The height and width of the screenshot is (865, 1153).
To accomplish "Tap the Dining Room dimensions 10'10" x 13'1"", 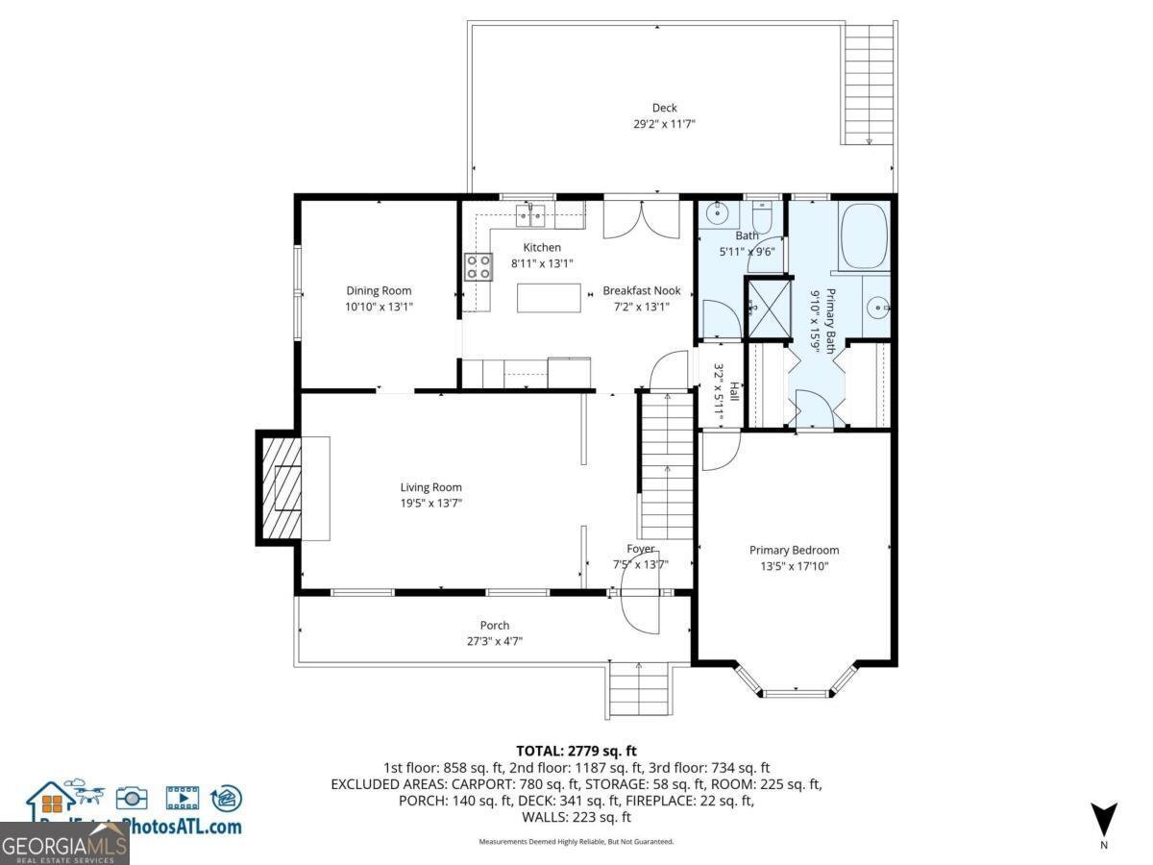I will point(379,307).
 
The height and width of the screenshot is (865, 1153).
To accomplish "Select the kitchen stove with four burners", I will point(478,266).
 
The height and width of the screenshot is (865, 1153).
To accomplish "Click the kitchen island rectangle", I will point(549,298).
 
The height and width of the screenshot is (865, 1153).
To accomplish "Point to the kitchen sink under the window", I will point(530,212).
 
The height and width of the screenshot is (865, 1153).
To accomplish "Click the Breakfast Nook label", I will point(641,290).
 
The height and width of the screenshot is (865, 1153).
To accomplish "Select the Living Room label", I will point(430,487).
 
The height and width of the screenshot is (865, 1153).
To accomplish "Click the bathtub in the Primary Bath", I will point(865,235).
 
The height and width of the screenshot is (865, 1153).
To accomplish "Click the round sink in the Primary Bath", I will point(875,308).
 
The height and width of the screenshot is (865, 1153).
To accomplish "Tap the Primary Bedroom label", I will point(794,551).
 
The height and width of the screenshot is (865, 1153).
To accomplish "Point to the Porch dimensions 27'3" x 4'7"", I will point(495,641).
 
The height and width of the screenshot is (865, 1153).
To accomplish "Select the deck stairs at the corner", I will point(868,85).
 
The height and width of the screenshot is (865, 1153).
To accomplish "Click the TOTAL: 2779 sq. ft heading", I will point(576,751).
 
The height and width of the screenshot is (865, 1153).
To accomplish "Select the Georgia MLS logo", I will point(64,845).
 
